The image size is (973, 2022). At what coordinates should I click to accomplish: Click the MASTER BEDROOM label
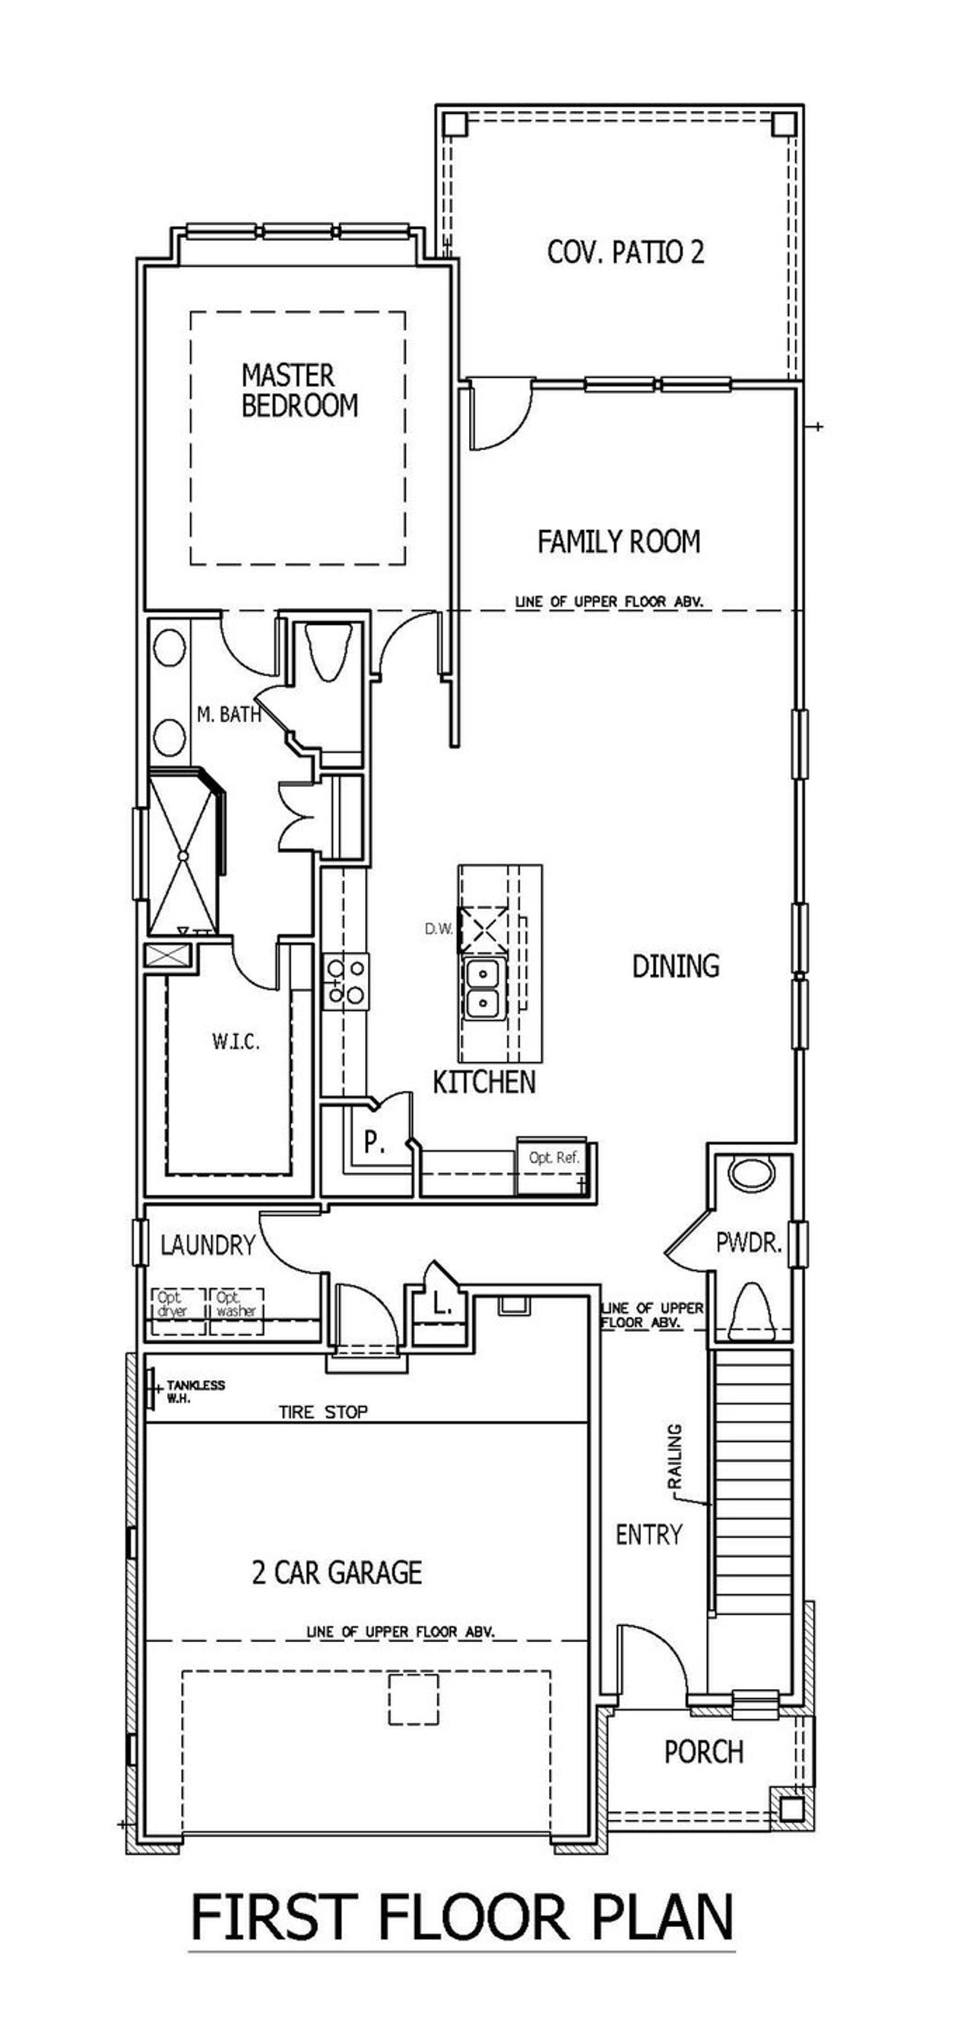[x=299, y=390]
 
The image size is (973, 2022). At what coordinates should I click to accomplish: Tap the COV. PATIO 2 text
[x=626, y=252]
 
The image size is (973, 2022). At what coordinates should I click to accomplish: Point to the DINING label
[x=676, y=966]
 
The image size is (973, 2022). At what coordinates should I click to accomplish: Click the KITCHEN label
[x=484, y=1082]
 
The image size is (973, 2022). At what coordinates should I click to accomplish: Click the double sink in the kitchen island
[x=484, y=989]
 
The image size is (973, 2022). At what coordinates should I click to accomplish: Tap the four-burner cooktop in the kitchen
[x=346, y=981]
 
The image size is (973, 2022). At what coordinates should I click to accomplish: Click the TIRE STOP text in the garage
[x=323, y=1412]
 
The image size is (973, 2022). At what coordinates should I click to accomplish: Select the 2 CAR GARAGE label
[x=338, y=1572]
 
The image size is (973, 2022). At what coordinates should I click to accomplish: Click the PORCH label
[x=703, y=1752]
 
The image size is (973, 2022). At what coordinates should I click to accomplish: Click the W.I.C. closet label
[x=236, y=1042]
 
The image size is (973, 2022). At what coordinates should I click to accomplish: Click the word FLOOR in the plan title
[x=473, y=1917]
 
